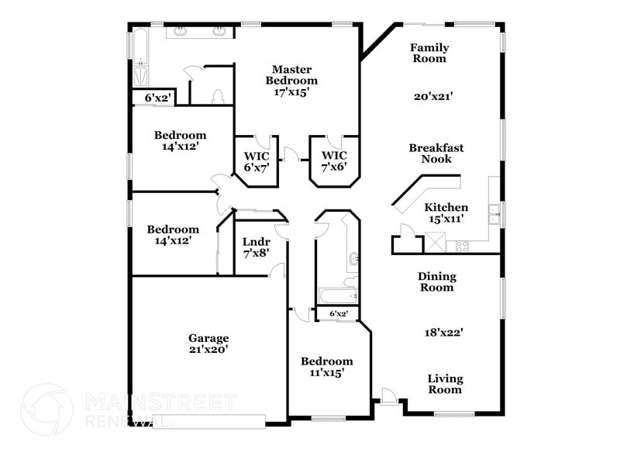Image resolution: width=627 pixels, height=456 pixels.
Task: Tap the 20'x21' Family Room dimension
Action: [432, 97]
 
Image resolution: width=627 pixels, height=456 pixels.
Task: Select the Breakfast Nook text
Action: [436, 154]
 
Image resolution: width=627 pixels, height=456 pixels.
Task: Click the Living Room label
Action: [446, 385]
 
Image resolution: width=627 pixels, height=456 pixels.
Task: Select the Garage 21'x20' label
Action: [208, 344]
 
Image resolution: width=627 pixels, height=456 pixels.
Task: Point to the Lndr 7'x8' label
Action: [256, 247]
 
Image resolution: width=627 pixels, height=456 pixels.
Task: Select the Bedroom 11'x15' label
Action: [326, 367]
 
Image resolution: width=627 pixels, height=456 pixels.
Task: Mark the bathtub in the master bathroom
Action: [140, 59]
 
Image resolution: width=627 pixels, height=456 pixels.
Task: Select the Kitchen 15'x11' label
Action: [446, 213]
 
